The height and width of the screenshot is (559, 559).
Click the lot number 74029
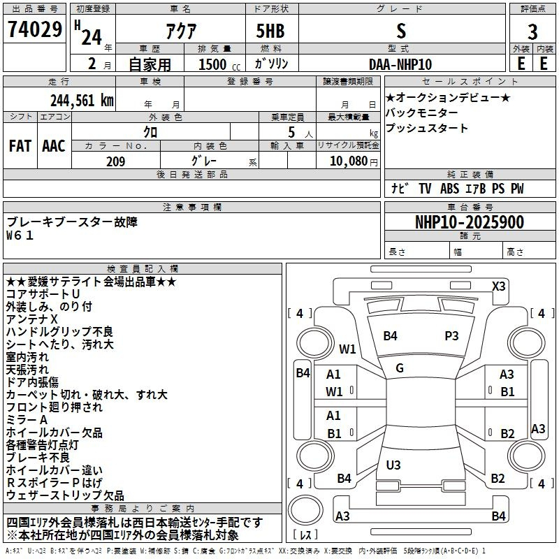34,29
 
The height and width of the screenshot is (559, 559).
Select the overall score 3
532,31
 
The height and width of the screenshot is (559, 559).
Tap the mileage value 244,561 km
82,101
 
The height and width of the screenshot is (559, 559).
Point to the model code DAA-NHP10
400,64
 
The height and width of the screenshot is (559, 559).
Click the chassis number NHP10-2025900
470,222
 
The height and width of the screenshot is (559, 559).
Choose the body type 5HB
270,31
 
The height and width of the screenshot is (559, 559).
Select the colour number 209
116,161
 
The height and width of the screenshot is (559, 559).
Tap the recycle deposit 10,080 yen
354,161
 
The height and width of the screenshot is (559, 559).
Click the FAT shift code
20,146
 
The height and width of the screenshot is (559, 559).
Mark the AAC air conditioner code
54,146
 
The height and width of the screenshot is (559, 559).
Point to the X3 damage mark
498,286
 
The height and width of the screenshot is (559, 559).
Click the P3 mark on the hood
451,336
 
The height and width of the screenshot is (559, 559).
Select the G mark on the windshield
400,368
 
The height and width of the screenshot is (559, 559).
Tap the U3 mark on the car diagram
393,465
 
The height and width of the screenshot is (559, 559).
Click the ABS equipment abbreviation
449,189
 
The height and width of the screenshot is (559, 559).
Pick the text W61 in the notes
20,235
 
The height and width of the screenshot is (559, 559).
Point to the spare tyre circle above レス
305,510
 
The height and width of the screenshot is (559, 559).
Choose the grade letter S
401,31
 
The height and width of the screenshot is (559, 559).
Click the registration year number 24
92,37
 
